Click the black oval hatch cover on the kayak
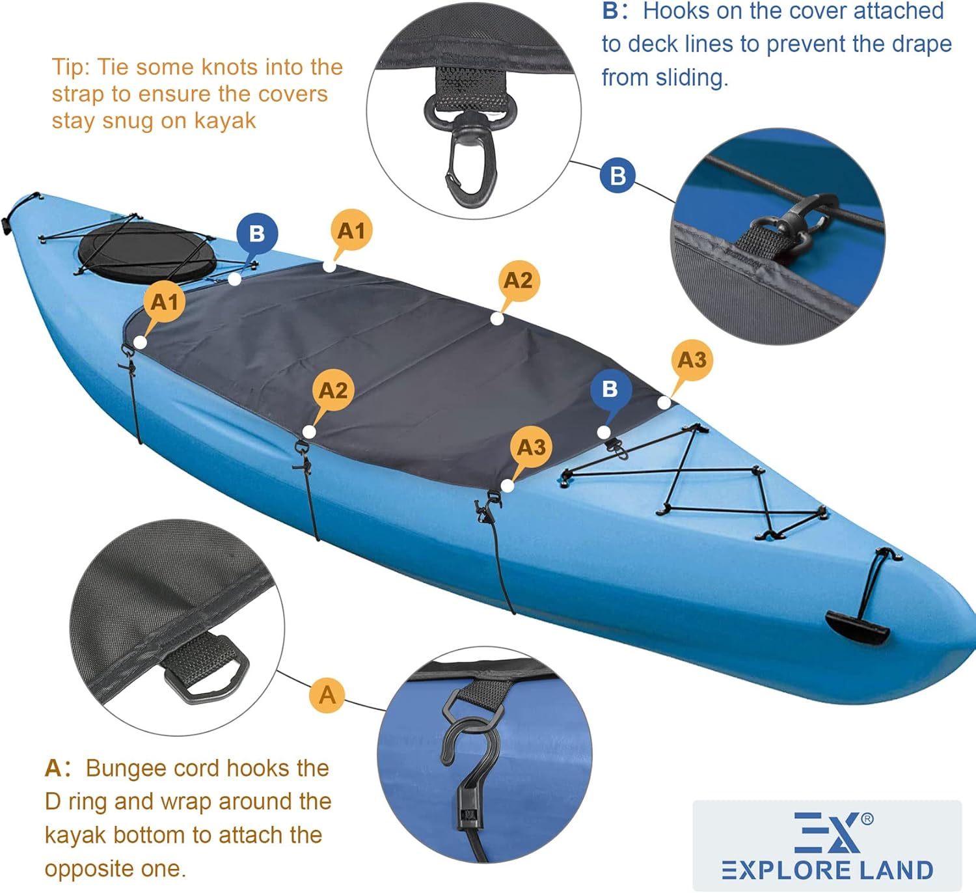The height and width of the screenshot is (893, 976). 147,254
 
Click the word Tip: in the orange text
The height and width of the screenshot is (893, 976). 72,67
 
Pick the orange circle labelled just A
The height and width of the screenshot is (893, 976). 327,695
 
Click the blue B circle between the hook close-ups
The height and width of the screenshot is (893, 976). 618,176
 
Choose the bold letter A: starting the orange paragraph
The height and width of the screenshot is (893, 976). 58,769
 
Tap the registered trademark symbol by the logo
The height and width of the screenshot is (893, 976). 867,819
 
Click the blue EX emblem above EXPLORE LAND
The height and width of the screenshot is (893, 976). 827,832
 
